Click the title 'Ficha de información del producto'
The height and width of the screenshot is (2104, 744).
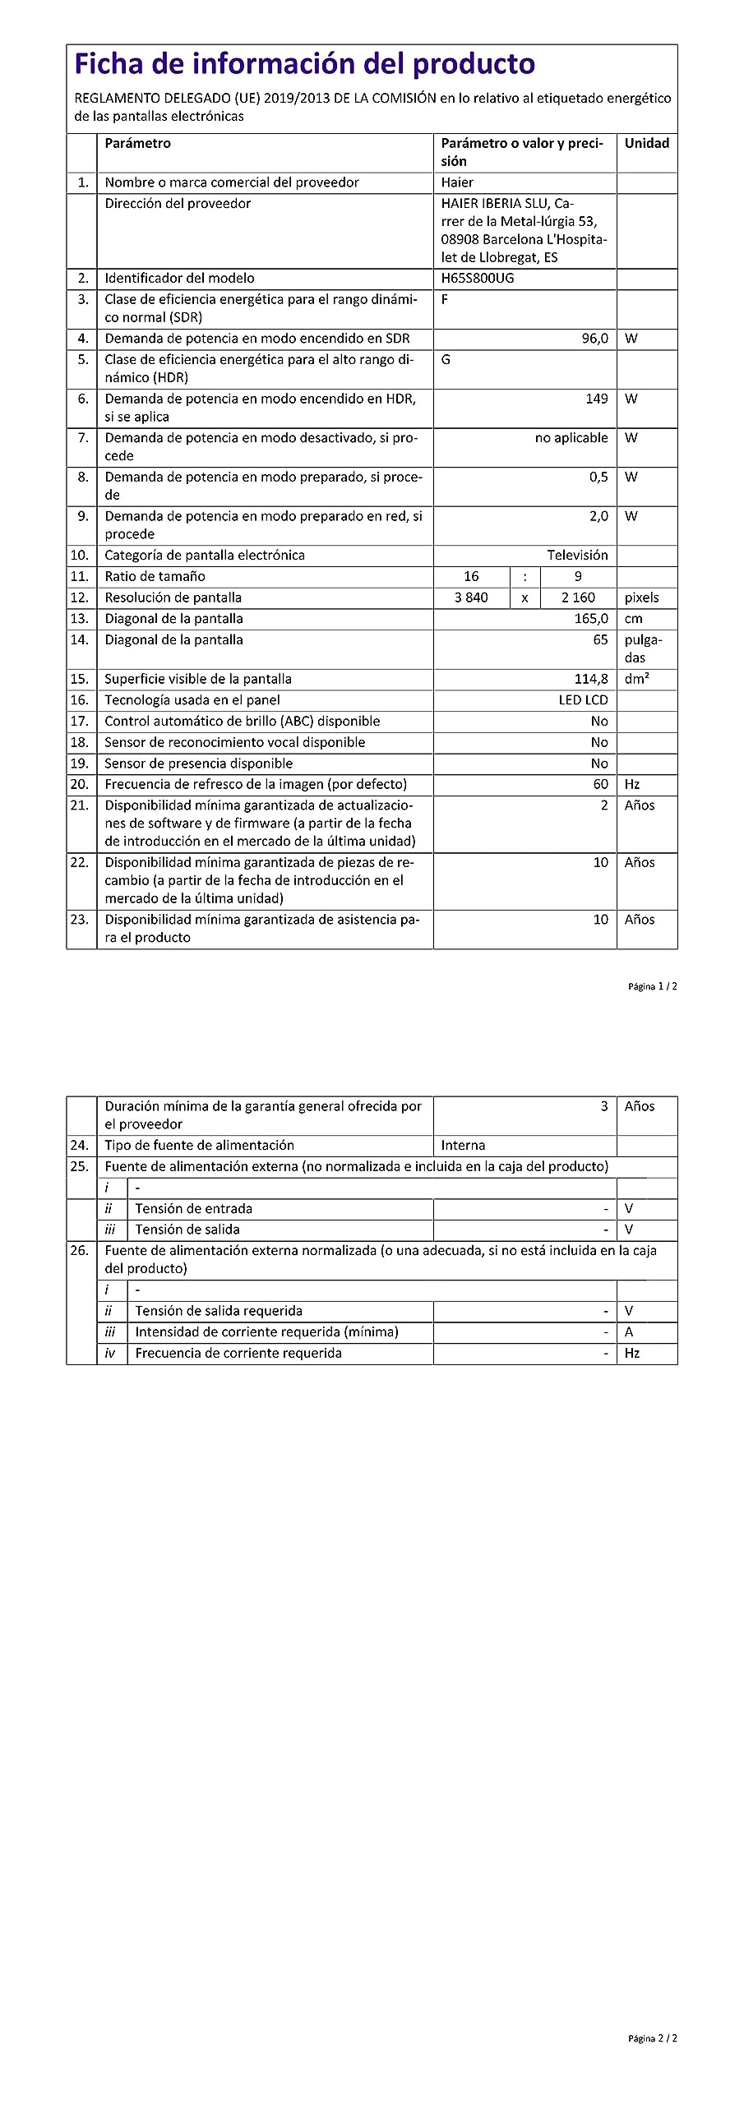tap(304, 64)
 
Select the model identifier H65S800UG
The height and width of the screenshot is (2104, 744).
tap(477, 278)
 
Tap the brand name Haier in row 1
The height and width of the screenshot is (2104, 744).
tap(457, 182)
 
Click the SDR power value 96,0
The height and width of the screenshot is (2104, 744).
tap(594, 339)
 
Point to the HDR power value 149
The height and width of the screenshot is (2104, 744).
tap(597, 399)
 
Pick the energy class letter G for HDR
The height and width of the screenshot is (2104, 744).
tap(446, 360)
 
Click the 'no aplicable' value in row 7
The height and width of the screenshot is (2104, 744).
tap(571, 438)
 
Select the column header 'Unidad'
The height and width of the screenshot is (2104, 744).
tap(646, 143)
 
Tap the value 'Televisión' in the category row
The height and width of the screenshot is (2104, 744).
tap(577, 556)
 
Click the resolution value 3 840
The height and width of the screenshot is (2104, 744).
tap(471, 598)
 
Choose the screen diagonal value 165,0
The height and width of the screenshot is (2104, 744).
tap(591, 619)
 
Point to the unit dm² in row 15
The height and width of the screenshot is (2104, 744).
tap(636, 679)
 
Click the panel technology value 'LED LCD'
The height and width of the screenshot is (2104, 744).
tap(583, 700)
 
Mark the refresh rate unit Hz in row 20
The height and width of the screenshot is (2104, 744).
tap(631, 785)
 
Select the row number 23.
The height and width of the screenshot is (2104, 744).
tap(79, 920)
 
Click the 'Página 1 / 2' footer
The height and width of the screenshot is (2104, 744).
tap(652, 986)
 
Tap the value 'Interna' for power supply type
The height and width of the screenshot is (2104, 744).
tap(463, 1146)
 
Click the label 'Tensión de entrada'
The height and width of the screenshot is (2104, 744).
tap(193, 1209)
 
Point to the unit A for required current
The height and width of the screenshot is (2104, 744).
tap(629, 1332)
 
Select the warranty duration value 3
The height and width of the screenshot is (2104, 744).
tap(603, 1106)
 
